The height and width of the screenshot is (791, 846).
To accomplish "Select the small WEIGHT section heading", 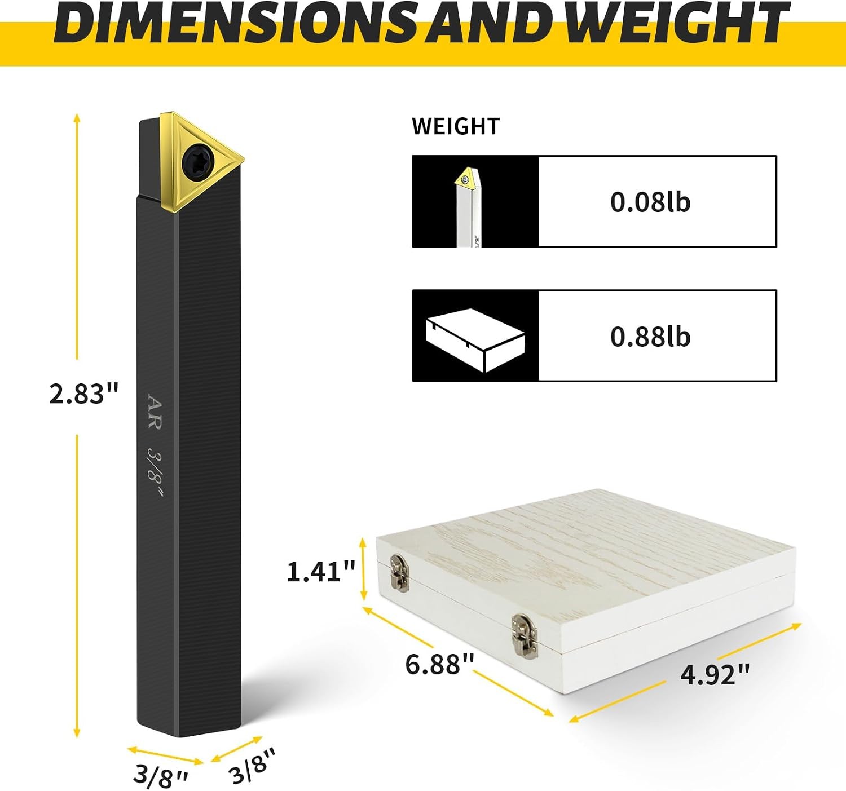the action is pyautogui.click(x=455, y=126).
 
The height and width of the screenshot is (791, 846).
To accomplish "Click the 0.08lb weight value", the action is pyautogui.click(x=650, y=202).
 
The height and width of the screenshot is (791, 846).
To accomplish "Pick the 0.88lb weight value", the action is pyautogui.click(x=650, y=337).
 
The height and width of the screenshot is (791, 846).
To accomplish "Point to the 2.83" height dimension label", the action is pyautogui.click(x=83, y=394).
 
